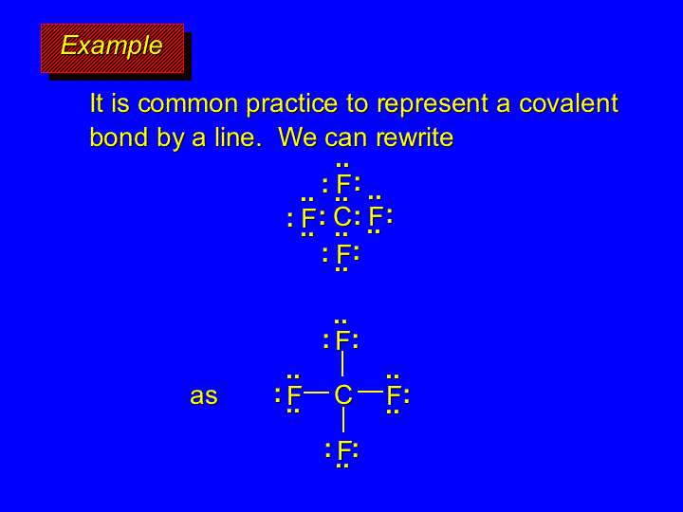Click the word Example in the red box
(112, 46)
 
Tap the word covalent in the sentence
(568, 103)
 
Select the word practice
(292, 104)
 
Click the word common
(188, 104)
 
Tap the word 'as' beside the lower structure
(204, 395)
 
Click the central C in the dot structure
(342, 217)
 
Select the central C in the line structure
(343, 394)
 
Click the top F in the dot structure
(343, 184)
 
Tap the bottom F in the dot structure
(343, 254)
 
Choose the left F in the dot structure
(308, 218)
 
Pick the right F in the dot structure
(376, 216)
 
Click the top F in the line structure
(343, 340)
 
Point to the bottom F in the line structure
(344, 450)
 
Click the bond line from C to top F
(342, 363)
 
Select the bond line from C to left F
(316, 393)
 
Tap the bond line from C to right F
(370, 392)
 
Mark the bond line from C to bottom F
(343, 420)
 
